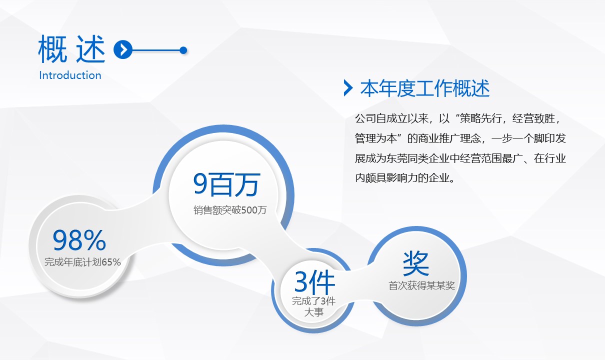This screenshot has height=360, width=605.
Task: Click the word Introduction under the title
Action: pos(70,75)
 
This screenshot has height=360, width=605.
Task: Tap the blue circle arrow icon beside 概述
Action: pos(123,49)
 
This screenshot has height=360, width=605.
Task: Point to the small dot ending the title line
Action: pos(183,50)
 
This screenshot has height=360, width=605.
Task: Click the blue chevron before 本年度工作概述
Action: pos(348,88)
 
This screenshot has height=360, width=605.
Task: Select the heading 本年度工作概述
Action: pos(425,88)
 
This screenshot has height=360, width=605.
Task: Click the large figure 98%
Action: pos(79,240)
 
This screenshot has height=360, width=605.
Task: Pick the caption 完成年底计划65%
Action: pos(82,262)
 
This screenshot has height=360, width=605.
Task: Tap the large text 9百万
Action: pos(227,184)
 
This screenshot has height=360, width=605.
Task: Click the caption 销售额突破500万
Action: pos(230,210)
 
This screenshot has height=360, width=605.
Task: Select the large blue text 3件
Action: pos(315,282)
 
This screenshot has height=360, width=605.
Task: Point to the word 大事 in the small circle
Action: pos(314,312)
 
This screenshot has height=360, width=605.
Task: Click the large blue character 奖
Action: pos(416,263)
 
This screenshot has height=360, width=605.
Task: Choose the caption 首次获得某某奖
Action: pos(421,285)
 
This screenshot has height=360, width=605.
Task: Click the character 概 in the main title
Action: pos(52,49)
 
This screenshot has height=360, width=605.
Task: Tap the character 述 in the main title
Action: pos(90,49)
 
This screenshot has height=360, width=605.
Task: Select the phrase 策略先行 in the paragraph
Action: pos(481,118)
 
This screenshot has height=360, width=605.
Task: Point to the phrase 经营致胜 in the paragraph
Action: pos(533,118)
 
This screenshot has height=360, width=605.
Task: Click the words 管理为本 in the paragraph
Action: pos(375,138)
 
